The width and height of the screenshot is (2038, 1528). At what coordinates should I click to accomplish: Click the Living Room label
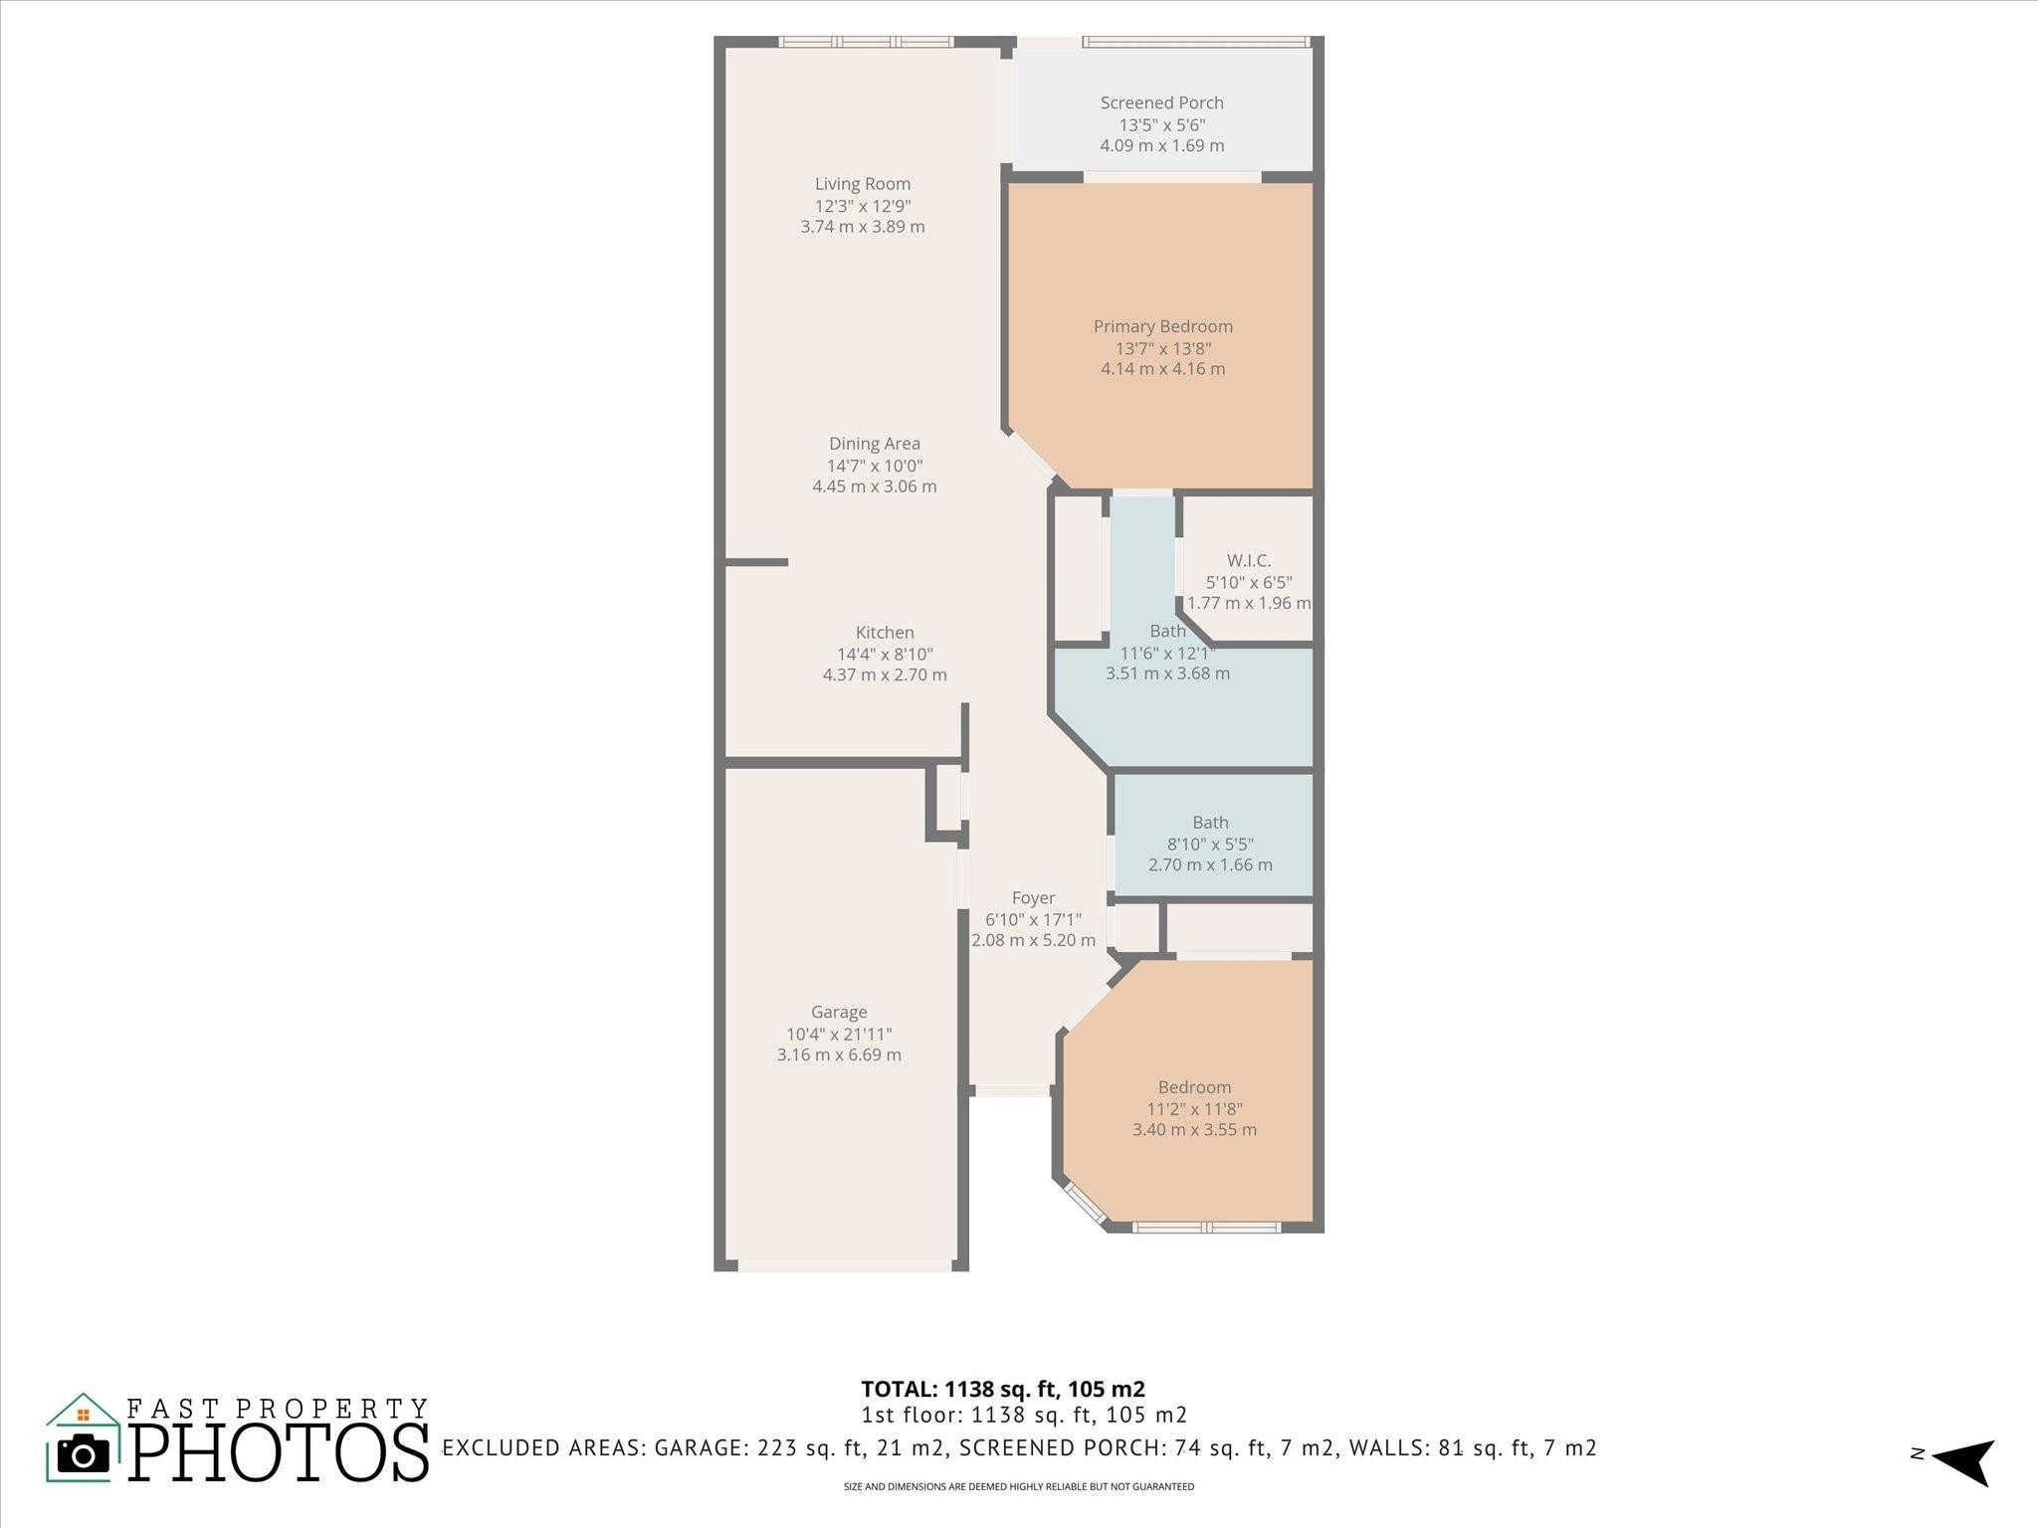coord(863,184)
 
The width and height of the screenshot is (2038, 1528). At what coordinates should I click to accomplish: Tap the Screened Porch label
coord(1161,103)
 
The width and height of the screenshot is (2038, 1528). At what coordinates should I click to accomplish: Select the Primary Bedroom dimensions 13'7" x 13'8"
coord(1162,348)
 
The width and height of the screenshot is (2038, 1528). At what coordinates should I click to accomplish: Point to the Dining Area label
coord(874,444)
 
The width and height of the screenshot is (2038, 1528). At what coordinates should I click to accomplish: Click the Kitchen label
coord(884,633)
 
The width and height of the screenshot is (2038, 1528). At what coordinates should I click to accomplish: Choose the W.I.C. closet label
coord(1248,561)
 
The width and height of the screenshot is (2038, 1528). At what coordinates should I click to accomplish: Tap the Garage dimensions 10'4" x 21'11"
coord(839,1035)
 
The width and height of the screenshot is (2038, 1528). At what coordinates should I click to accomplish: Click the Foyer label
coord(1033,898)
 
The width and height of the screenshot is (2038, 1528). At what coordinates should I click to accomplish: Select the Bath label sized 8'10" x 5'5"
coord(1210,823)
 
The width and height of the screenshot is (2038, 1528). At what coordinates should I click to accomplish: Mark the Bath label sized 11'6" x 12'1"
coord(1167,632)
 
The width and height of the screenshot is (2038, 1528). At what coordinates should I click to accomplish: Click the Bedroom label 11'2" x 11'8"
coord(1194,1088)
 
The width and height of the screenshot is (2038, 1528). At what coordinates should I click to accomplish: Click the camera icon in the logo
coord(84,1455)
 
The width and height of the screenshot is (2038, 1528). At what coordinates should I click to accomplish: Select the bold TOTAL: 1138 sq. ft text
coord(1002,1390)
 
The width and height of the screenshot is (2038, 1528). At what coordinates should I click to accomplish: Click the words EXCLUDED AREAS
coord(542,1448)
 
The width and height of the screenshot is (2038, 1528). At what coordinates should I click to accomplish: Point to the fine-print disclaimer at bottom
coord(1018,1487)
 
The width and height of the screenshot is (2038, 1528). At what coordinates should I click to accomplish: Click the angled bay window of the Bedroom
coord(1085,1203)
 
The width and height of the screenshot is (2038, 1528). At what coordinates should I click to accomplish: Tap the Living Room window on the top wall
coord(866,42)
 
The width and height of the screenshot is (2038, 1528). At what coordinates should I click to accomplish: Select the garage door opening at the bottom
coord(844,1266)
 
